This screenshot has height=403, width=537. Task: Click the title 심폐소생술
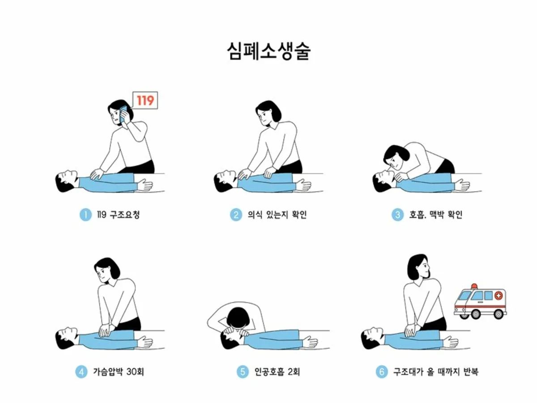click(x=268, y=51)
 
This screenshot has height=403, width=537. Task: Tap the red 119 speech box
click(x=145, y=100)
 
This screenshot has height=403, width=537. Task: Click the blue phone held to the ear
click(x=123, y=114)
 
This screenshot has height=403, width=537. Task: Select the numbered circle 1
click(x=85, y=214)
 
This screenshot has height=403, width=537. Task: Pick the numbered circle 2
click(x=236, y=214)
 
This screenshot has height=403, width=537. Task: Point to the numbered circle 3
click(x=398, y=214)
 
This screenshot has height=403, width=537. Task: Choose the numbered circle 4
click(x=81, y=372)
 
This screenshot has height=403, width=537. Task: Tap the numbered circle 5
click(x=243, y=372)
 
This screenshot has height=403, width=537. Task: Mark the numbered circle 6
click(x=382, y=372)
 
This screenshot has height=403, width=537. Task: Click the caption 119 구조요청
click(x=118, y=214)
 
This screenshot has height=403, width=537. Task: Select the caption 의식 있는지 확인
click(x=277, y=214)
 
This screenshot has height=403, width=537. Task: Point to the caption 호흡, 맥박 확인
click(x=436, y=214)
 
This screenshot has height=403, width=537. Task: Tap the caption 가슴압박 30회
click(x=119, y=372)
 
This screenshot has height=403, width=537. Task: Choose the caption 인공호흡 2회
click(x=277, y=372)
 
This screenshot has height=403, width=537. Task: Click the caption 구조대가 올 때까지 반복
click(x=436, y=372)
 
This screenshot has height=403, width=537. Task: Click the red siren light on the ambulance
click(x=474, y=286)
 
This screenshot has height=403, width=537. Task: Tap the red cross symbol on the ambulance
click(x=499, y=296)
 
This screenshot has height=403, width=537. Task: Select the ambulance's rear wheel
click(x=498, y=314)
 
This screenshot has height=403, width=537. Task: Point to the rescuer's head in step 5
click(x=238, y=318)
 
